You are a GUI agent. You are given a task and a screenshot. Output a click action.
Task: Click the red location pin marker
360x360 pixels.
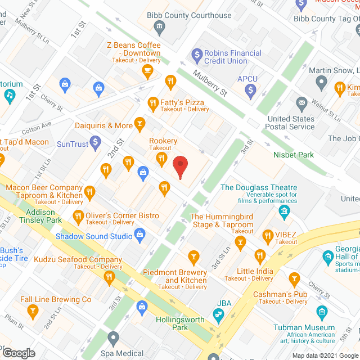pyautogui.click(x=179, y=167)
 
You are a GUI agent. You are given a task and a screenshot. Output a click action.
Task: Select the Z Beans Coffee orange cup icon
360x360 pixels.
pyautogui.click(x=147, y=70)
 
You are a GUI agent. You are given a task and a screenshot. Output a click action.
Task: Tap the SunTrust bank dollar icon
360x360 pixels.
pyautogui.click(x=96, y=141)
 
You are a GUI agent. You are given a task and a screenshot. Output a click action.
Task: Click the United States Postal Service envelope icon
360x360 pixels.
pyautogui.click(x=301, y=103)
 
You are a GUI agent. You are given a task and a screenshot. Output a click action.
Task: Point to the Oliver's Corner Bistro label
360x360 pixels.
pyautogui.click(x=122, y=215)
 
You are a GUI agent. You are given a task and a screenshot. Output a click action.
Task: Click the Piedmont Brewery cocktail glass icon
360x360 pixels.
pyautogui.click(x=193, y=258)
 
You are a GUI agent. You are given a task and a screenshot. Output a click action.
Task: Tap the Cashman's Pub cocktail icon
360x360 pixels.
pyautogui.click(x=294, y=279)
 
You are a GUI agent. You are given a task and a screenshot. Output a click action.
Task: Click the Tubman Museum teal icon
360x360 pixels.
pyautogui.click(x=321, y=312)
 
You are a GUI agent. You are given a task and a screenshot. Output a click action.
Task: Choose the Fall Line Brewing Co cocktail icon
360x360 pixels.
pyautogui.click(x=33, y=310)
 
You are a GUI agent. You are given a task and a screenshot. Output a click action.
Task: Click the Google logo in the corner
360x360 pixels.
pyautogui.click(x=19, y=353)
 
